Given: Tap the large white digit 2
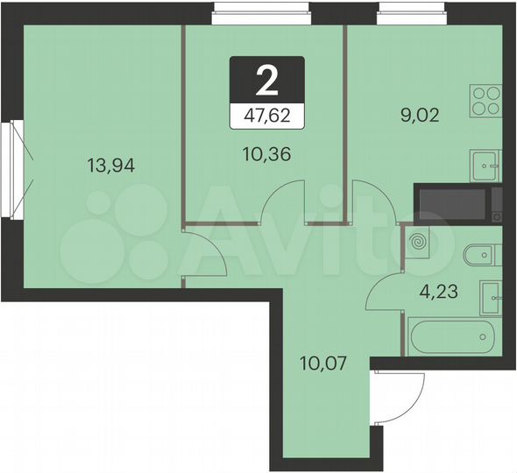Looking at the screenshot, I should (x=267, y=81).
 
